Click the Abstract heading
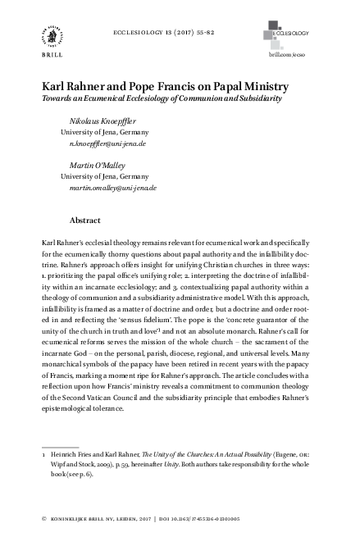85,221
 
